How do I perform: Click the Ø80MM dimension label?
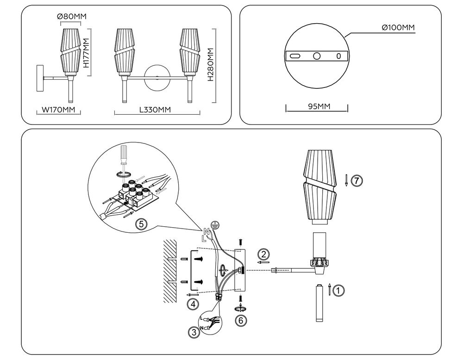tap(72, 17)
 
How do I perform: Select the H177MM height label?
tap(86, 52)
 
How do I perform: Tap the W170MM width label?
tap(58, 110)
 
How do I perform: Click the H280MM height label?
tap(211, 65)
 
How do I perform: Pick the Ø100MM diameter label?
tap(397, 28)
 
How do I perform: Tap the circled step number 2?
tap(263, 254)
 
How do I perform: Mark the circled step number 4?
tap(193, 304)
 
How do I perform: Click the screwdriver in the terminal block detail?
tap(124, 155)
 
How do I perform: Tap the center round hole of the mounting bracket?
tap(317, 56)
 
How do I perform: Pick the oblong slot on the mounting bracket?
tap(295, 56)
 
